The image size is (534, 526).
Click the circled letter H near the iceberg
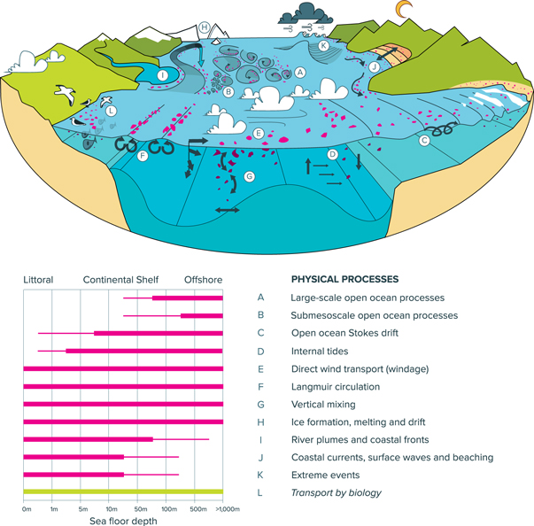click(204, 27)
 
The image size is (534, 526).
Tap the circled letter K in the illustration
click(323, 46)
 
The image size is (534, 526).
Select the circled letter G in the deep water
click(250, 177)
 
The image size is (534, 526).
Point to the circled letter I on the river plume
click(163, 75)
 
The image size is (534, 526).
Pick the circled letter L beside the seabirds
click(111, 111)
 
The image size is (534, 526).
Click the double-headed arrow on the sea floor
click(228, 210)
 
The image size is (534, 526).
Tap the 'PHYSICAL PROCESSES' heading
click(344, 279)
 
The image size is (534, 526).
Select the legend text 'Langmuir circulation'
click(336, 387)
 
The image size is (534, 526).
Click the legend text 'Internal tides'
click(320, 351)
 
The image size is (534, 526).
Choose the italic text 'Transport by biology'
click(337, 492)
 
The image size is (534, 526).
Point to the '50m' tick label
click(141, 509)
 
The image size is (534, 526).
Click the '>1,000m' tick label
click(228, 509)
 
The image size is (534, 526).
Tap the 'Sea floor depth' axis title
click(123, 521)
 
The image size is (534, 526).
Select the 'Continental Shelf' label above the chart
click(121, 280)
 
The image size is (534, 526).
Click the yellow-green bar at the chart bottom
click(123, 491)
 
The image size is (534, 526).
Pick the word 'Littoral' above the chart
click(38, 280)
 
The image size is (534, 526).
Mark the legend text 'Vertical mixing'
click(323, 405)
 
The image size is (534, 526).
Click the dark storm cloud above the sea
click(305, 14)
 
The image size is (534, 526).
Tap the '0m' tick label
click(27, 509)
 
